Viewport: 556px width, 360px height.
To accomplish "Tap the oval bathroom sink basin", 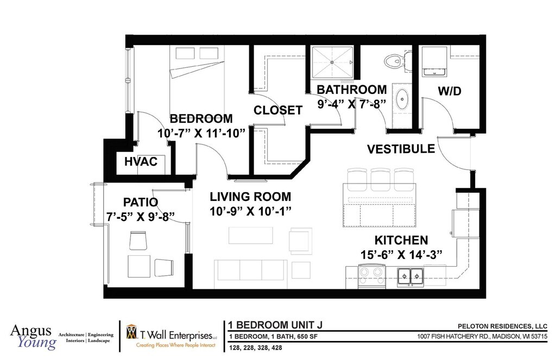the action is coord(402,99).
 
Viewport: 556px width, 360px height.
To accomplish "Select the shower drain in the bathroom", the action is coord(332,62).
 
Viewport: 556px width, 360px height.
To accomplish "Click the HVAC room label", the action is coord(141,162).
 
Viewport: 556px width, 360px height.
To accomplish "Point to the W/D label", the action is coord(450,91).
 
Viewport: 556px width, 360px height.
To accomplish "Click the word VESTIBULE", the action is coord(401,149).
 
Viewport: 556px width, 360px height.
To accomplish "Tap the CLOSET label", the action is coord(278,110).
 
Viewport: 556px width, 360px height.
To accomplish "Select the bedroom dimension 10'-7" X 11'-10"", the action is coord(201,134).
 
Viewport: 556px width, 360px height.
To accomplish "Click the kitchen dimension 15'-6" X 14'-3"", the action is coord(401,255).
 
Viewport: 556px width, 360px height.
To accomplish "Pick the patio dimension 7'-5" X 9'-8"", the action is coord(141,216).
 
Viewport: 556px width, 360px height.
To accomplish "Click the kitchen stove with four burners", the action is coord(371,276).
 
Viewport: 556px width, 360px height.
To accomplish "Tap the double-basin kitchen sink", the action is coord(410,276).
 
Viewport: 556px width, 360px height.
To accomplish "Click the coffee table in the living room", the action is coord(251,236).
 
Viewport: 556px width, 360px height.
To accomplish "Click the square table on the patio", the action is coord(139,267).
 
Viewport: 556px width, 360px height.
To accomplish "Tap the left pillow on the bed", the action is coord(185,53).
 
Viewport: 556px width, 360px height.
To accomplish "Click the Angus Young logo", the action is coord(33,337).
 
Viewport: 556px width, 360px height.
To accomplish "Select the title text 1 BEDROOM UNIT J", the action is coord(275,325).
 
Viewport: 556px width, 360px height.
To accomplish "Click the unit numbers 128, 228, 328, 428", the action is coord(256,348).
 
